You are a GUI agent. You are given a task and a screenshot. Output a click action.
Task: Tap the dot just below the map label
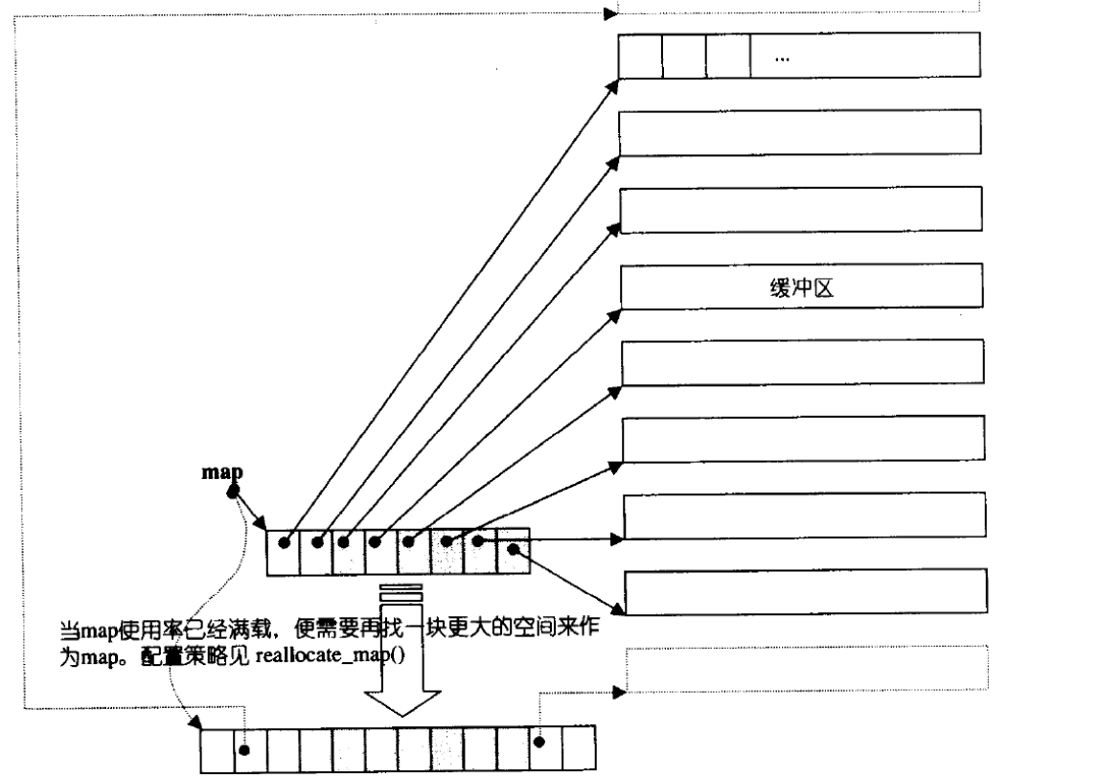pos(231,492)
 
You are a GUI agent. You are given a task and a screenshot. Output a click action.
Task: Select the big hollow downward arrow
pos(401,662)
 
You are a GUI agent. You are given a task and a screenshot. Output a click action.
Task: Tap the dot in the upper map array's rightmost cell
pos(514,549)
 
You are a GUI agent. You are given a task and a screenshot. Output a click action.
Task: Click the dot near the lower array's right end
pos(540,742)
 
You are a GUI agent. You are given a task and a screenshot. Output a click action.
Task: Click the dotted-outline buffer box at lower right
pos(804,669)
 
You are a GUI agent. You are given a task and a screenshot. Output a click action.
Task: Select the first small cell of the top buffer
pos(640,57)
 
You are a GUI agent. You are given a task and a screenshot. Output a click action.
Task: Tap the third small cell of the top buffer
pos(728,57)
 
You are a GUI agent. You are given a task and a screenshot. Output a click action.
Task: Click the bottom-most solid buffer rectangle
pos(804,597)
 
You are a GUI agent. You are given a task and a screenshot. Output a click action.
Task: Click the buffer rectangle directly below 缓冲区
pos(803,363)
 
